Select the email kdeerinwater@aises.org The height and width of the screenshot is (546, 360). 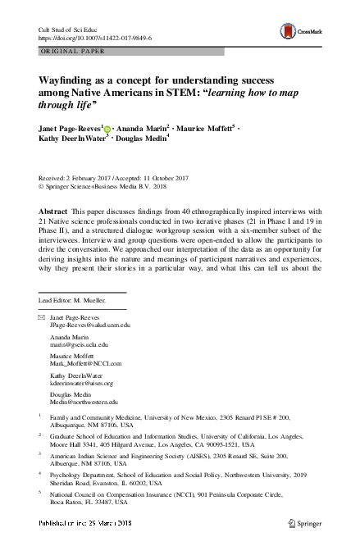click(84, 384)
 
